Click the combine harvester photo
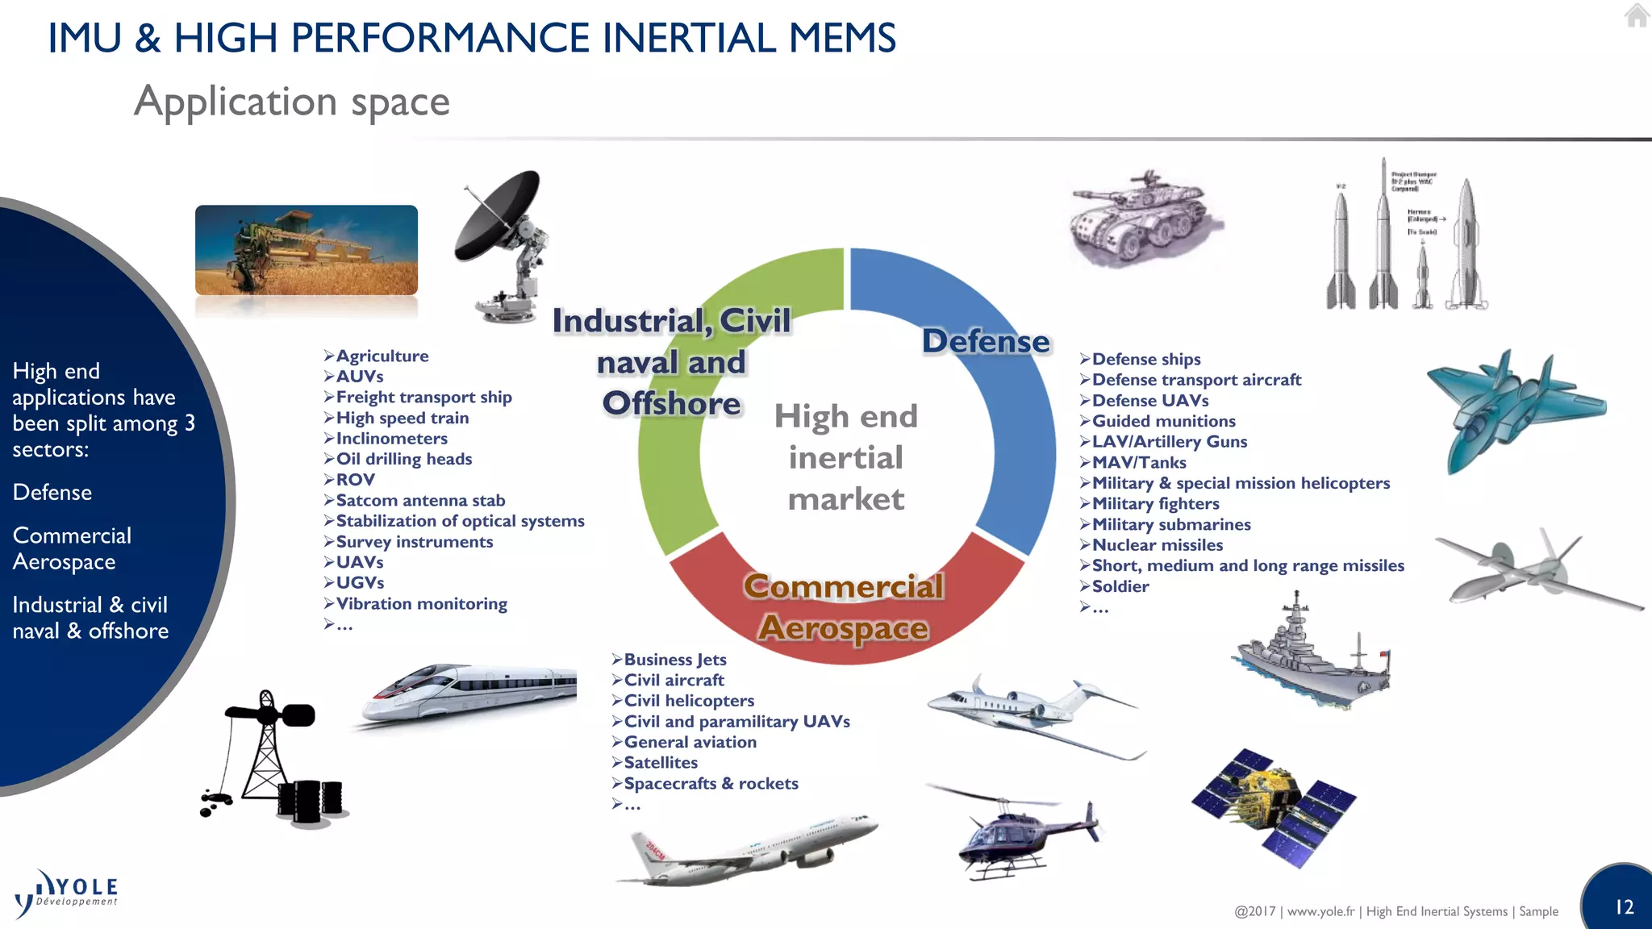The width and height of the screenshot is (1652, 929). point(307,250)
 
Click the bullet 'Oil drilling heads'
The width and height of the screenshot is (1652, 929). point(403,459)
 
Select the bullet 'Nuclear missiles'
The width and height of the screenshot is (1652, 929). point(1157,545)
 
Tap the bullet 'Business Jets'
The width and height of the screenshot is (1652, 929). point(674,660)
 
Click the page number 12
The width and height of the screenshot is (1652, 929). point(1624,907)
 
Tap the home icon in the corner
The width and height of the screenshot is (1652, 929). point(1637,15)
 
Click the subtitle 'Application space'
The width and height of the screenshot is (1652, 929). point(292,102)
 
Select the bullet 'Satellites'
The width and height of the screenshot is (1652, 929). point(660,763)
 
